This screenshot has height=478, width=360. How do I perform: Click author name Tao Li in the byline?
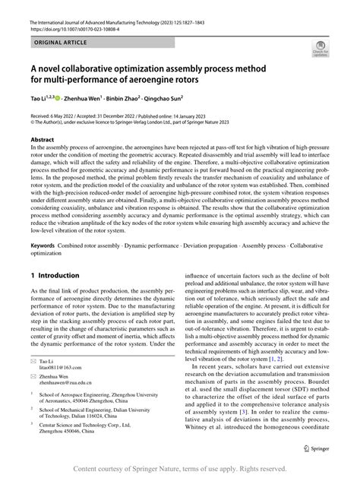click(x=39, y=98)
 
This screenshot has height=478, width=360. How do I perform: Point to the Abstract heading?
click(x=42, y=140)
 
